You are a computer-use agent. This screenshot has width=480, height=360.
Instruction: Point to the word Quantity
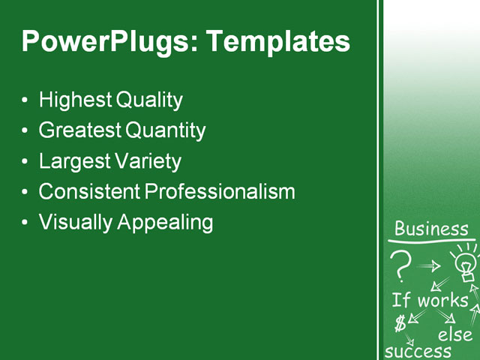(x=165, y=130)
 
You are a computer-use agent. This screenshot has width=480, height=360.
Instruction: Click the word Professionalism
(x=220, y=192)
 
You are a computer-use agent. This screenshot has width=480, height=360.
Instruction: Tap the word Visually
(x=76, y=223)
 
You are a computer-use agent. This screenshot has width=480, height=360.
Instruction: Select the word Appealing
(x=166, y=223)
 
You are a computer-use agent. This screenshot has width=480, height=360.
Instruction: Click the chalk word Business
(x=431, y=229)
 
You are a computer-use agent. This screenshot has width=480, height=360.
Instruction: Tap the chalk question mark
(x=402, y=264)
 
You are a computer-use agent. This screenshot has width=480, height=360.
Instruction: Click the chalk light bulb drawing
(x=465, y=262)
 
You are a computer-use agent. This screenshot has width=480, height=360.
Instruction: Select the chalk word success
(x=418, y=351)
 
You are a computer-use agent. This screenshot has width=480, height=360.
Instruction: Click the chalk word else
(x=454, y=334)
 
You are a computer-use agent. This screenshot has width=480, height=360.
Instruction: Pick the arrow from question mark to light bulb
(x=430, y=265)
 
